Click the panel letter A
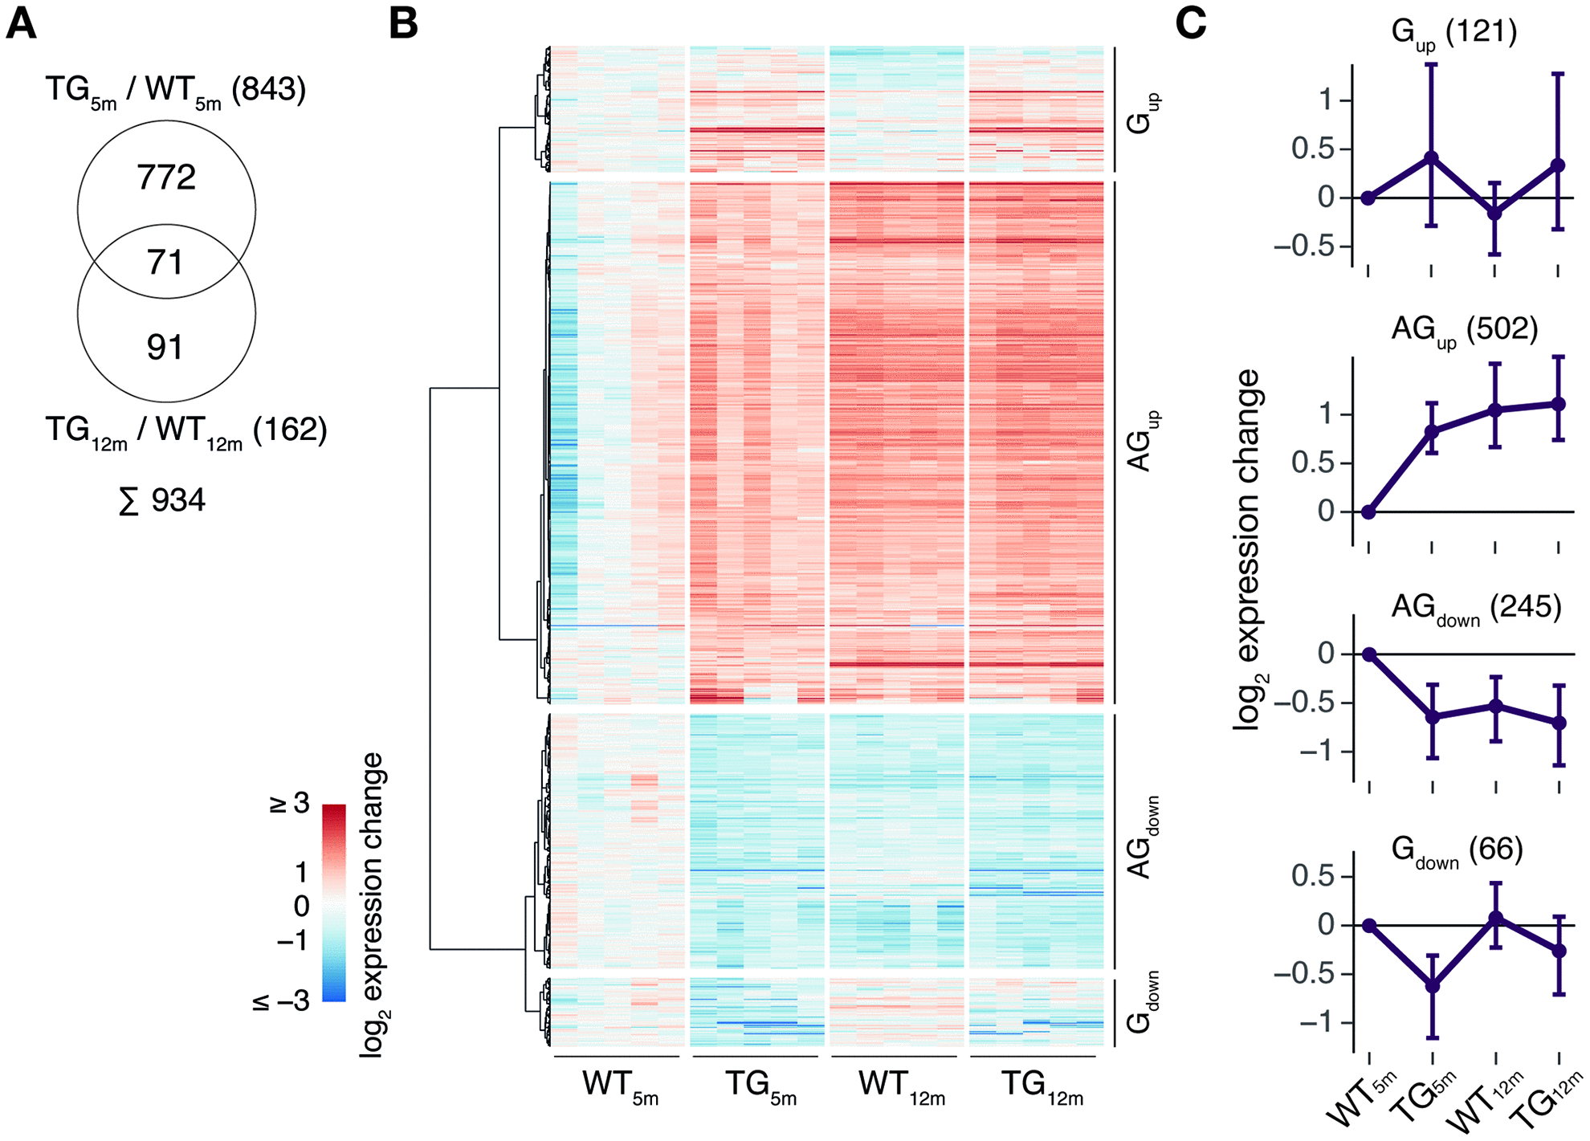tap(21, 23)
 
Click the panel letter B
tap(403, 23)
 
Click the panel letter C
tap(1191, 23)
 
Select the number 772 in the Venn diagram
tap(166, 177)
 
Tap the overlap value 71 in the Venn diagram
tap(165, 263)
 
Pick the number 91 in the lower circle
tap(165, 347)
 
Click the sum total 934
tap(163, 501)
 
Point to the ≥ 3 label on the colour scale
tap(290, 803)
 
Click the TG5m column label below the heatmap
tap(760, 1086)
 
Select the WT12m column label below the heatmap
tap(900, 1086)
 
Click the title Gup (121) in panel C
tap(1454, 33)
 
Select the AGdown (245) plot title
tap(1476, 608)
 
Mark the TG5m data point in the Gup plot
tap(1432, 157)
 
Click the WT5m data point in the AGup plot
tap(1368, 511)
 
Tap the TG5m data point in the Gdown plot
tap(1432, 985)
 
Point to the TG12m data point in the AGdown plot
tap(1559, 723)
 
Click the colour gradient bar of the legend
tap(334, 903)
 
